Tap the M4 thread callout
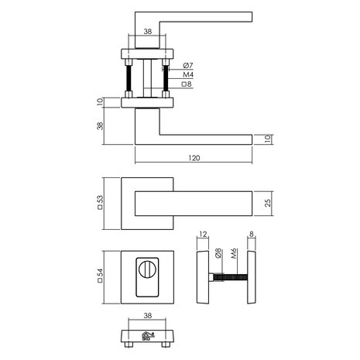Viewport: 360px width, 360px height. [x=189, y=74]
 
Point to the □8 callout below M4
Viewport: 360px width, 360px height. [x=188, y=85]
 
